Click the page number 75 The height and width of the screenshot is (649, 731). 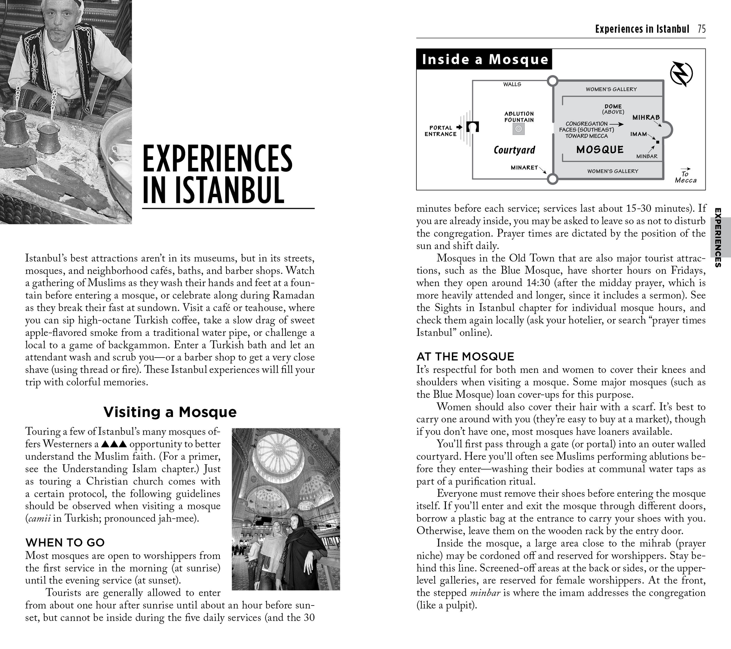point(701,29)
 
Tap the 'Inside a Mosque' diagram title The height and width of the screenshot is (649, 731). point(485,59)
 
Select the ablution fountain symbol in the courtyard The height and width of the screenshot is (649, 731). point(518,129)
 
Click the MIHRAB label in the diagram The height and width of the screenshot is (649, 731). point(646,117)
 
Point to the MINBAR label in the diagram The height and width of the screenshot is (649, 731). point(647,156)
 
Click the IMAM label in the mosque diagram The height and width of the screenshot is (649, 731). point(639,134)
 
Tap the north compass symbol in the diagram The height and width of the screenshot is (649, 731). point(681,74)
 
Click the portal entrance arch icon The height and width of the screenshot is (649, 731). point(473,127)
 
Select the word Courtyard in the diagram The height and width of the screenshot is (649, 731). point(514,150)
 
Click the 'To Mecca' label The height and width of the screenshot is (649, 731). point(685,177)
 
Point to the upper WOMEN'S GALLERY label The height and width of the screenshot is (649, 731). point(611,89)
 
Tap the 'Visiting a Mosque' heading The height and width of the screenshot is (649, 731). point(170,412)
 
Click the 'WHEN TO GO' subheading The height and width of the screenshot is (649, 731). point(65,543)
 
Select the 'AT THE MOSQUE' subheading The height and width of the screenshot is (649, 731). point(465,356)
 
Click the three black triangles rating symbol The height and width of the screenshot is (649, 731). point(114,444)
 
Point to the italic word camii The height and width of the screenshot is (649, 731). point(39,518)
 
